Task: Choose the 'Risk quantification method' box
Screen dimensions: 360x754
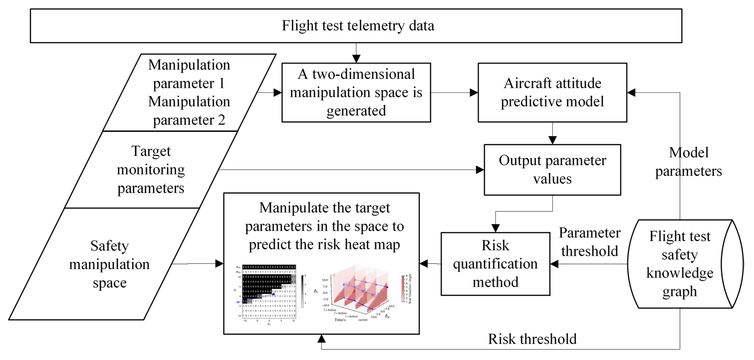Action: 495,264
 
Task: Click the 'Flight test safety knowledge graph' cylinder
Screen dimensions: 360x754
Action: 680,264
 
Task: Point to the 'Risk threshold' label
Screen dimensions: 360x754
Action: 532,339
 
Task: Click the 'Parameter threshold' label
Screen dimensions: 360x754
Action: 589,242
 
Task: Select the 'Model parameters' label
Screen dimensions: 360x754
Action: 688,161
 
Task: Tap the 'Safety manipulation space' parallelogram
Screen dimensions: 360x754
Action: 109,264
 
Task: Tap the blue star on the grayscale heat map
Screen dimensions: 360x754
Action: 273,294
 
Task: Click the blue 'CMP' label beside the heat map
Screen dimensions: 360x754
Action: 238,302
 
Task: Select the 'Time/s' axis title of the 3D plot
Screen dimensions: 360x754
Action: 340,320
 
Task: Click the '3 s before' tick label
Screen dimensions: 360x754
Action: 330,310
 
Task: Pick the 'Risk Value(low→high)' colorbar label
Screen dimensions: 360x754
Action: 410,289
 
